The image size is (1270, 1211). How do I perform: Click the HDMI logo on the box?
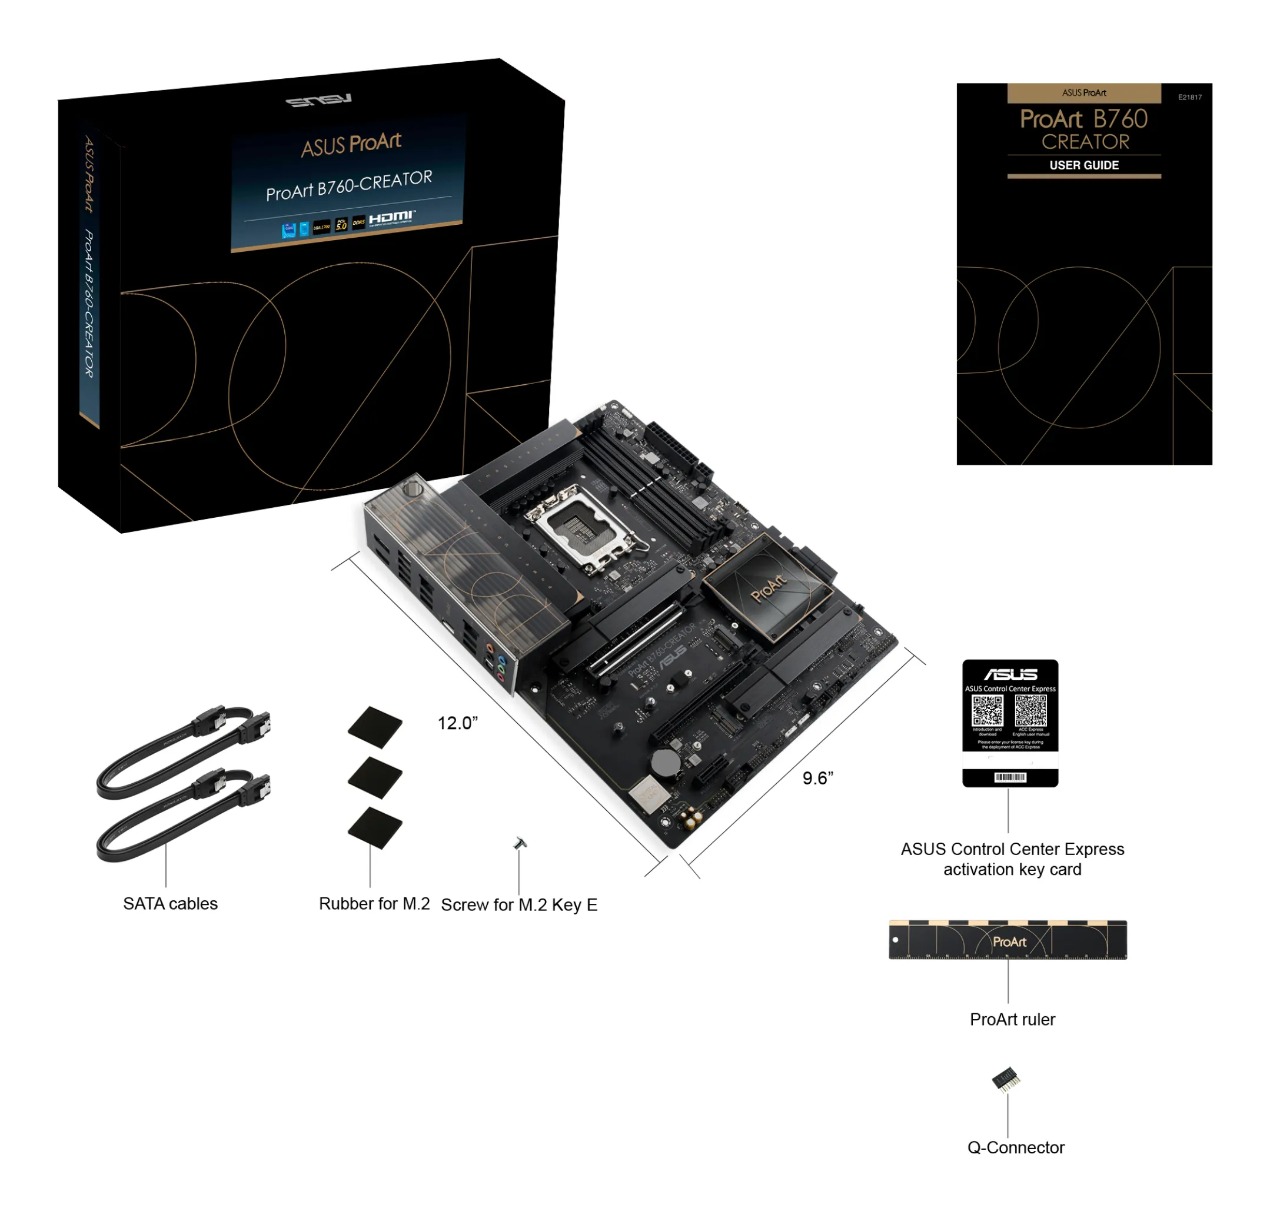point(391,217)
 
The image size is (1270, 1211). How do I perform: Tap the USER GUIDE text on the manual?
point(1083,165)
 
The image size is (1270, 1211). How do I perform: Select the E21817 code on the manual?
point(1189,98)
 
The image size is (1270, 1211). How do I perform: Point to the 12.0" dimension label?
point(458,723)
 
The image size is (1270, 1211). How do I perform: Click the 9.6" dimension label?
point(817,778)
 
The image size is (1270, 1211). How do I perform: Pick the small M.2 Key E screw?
point(520,843)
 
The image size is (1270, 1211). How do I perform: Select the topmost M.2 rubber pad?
point(375,727)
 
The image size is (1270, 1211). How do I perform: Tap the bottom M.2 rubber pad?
point(375,827)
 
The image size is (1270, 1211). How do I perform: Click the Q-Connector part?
point(1006,1079)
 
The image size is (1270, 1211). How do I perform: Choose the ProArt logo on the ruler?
point(1009,942)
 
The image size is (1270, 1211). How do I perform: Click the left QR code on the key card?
point(987,711)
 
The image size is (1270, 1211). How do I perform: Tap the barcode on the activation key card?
point(1010,777)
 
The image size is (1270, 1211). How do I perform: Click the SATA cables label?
point(171,904)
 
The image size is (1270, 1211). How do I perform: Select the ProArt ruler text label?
point(1012,1019)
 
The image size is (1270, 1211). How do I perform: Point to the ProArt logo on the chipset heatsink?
point(769,587)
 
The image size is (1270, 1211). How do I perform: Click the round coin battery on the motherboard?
point(665,763)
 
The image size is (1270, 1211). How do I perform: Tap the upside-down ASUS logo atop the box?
point(319,100)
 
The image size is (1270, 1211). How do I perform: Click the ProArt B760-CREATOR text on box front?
point(348,185)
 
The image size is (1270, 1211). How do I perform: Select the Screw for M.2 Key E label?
point(519,905)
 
